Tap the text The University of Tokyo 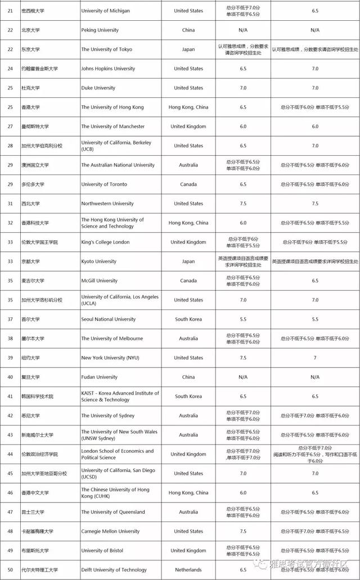106,50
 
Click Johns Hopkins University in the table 108,69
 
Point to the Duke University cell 98,88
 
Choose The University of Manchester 112,127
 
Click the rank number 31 10,204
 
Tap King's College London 105,242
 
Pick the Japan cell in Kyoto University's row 188,262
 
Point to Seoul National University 108,320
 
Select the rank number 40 10,377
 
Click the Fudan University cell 100,377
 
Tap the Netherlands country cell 188,570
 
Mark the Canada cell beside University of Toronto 188,185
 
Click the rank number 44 10,455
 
